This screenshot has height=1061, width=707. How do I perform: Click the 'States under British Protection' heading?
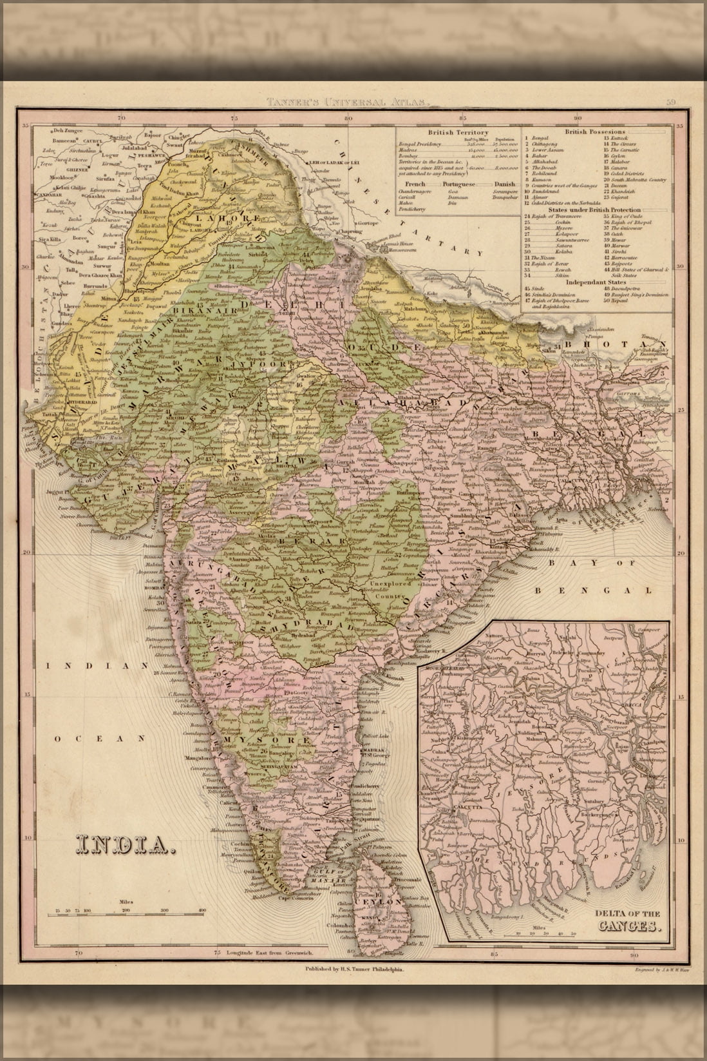pos(595,210)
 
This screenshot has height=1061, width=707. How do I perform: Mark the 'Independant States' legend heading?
pos(595,282)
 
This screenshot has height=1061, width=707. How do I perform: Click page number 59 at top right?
pos(671,102)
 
